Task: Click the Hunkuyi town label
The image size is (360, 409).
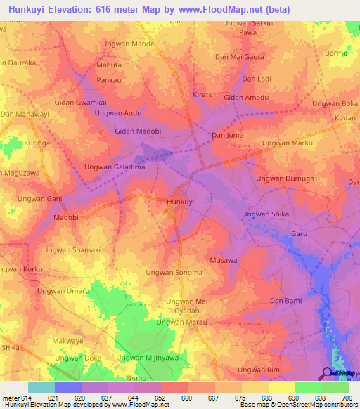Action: coord(180,202)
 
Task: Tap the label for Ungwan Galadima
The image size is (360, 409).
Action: coord(115,167)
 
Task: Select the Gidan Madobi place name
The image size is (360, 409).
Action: coord(138,131)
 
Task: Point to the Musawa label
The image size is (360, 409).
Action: coord(224,260)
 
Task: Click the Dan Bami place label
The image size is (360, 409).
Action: coord(286,301)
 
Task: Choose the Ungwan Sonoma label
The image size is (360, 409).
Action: coord(174,272)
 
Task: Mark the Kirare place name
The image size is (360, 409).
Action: coord(203,93)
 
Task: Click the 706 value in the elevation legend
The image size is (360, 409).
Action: coord(347,397)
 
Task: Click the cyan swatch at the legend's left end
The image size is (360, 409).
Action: coord(41,387)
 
